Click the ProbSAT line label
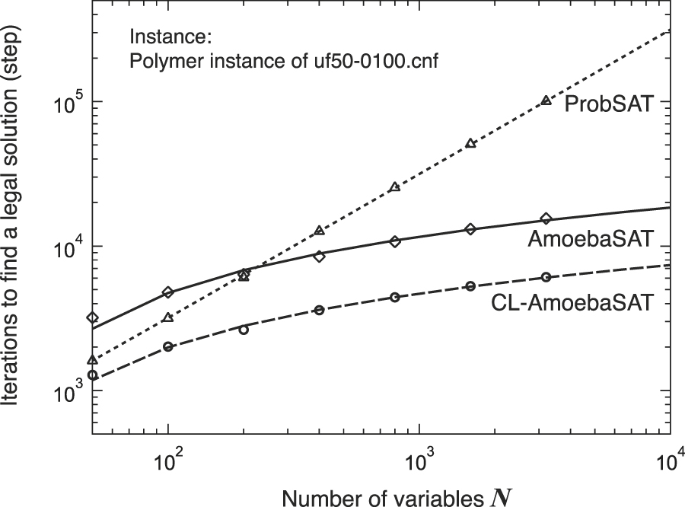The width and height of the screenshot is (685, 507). [609, 104]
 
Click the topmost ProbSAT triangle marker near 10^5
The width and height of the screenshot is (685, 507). [546, 100]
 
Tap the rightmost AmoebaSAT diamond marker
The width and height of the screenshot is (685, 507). [546, 219]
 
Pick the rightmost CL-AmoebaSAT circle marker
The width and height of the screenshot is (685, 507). [546, 277]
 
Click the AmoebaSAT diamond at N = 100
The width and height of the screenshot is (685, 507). [167, 292]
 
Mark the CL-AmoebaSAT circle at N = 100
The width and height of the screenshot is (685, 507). [167, 347]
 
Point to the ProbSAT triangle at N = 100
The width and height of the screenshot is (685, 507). [167, 317]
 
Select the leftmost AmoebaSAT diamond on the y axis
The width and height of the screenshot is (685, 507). [92, 317]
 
